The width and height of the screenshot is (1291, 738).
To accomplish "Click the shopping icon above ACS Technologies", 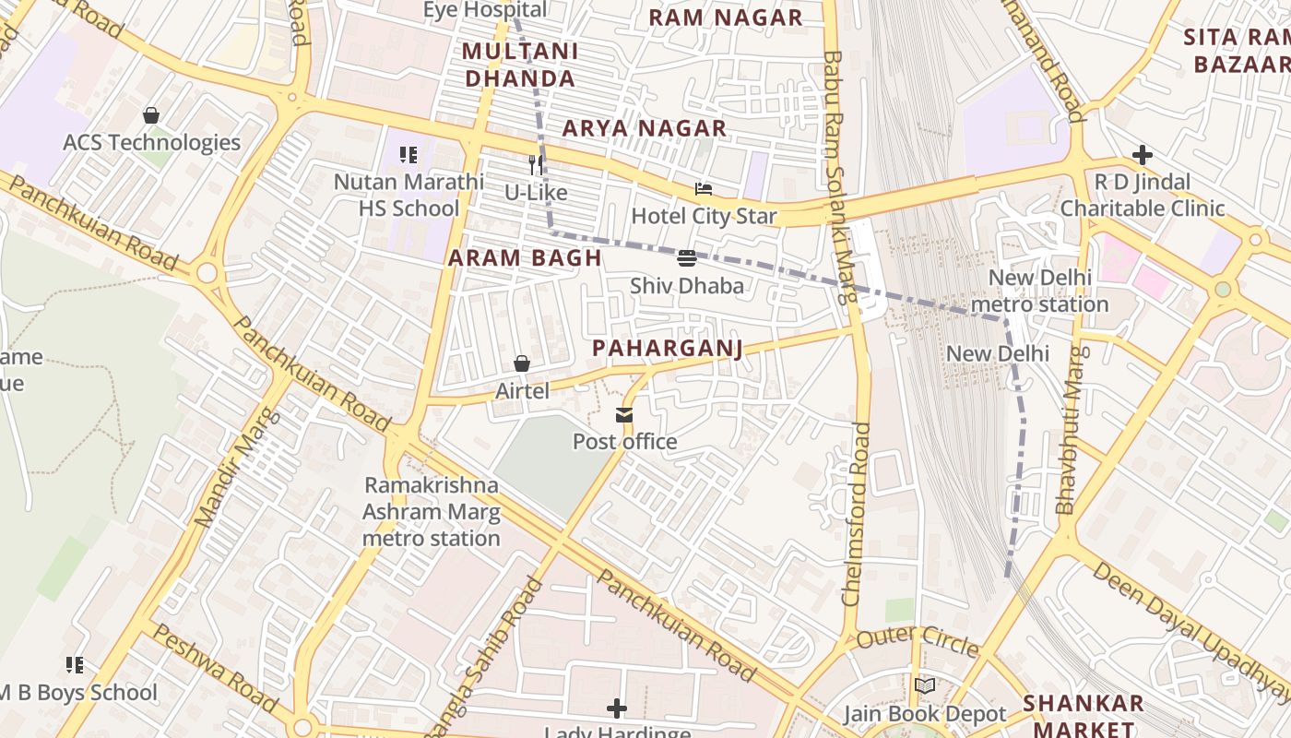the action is point(151,116).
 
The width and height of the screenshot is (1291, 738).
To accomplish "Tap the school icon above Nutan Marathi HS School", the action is point(409,155).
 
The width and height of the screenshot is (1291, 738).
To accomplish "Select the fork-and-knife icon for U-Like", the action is point(536,166).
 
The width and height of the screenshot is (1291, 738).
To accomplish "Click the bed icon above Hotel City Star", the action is point(704,189).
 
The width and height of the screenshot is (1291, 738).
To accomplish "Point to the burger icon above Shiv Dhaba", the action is point(687,258).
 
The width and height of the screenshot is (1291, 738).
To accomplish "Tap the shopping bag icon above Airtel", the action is point(522,364).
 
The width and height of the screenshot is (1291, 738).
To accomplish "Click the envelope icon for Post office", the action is point(625,415).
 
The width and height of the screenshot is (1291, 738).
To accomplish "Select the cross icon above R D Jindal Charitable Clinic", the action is point(1143,155).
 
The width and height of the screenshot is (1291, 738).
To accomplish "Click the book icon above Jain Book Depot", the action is point(925,686).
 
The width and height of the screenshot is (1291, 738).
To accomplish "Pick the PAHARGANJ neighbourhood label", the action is point(667,348).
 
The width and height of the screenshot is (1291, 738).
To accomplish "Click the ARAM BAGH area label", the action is point(525,258).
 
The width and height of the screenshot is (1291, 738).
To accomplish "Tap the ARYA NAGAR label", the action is point(645,129).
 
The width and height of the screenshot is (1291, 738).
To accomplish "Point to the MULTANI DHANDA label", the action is point(520,65).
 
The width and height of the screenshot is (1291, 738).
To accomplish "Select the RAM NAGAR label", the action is point(725,18).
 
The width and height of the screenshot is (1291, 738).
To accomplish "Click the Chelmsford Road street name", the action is point(857,513).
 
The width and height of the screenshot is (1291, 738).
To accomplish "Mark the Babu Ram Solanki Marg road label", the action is point(835,175).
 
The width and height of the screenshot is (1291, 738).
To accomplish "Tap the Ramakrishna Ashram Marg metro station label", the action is point(432,511).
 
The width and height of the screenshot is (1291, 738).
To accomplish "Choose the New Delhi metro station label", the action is point(1039,291).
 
